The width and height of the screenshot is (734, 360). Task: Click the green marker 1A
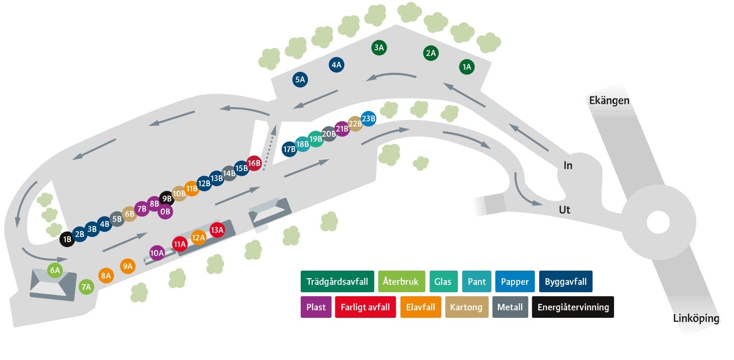pyautogui.click(x=466, y=67)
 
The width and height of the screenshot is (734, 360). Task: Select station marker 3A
pyautogui.click(x=379, y=48)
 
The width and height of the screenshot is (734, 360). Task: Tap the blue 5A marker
pyautogui.click(x=300, y=79)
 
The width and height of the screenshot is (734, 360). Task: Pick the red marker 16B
pyautogui.click(x=254, y=163)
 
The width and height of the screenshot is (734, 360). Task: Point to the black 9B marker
pyautogui.click(x=167, y=198)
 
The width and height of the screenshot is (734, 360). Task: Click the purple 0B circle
pyautogui.click(x=165, y=211)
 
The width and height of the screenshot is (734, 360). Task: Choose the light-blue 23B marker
pyautogui.click(x=369, y=118)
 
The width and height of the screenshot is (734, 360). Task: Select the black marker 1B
pyautogui.click(x=67, y=239)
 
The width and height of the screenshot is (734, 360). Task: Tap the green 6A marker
pyautogui.click(x=55, y=270)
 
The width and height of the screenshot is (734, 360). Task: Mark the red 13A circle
pyautogui.click(x=217, y=230)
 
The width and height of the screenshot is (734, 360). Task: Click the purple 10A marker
pyautogui.click(x=157, y=253)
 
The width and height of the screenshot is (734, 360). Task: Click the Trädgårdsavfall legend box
pyautogui.click(x=337, y=281)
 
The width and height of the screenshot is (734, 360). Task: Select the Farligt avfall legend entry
pyautogui.click(x=365, y=307)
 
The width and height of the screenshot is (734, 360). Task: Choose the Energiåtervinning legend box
pyautogui.click(x=573, y=307)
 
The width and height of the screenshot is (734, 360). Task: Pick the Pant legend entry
pyautogui.click(x=477, y=281)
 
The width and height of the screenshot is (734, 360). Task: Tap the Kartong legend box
pyautogui.click(x=466, y=307)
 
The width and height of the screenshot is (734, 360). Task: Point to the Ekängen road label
pyautogui.click(x=609, y=100)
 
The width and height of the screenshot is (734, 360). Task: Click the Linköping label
pyautogui.click(x=696, y=318)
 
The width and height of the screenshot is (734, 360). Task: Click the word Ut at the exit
pyautogui.click(x=565, y=210)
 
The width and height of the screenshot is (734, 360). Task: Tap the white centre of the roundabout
pyautogui.click(x=658, y=222)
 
